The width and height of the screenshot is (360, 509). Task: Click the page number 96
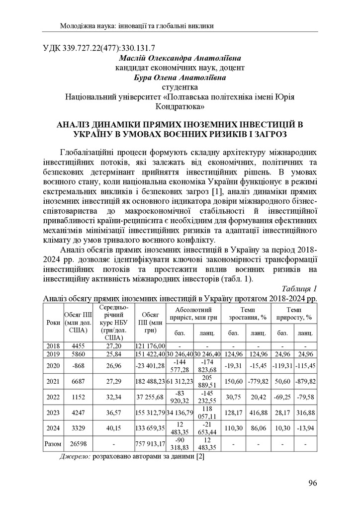[x=312, y=483]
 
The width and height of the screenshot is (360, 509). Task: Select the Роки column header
[x=52, y=322]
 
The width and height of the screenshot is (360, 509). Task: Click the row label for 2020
[x=52, y=367]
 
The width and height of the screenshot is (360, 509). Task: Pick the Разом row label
[x=52, y=444]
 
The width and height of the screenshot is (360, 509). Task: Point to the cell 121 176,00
[x=150, y=345]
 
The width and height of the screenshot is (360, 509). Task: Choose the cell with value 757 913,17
[x=150, y=444]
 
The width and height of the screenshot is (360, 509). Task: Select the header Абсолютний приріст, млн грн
[x=191, y=312]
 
